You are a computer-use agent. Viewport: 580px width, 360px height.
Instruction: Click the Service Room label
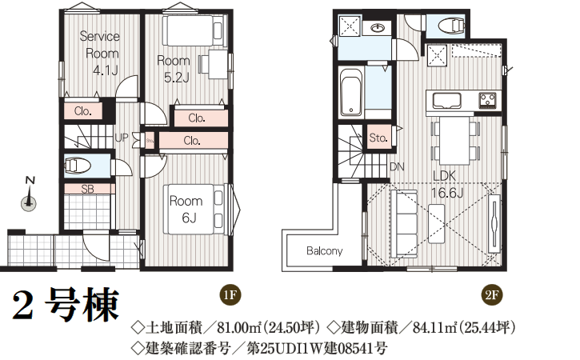click(x=99, y=54)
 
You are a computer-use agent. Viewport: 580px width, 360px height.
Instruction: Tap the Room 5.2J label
click(x=174, y=69)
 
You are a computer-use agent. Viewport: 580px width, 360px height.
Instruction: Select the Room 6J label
click(x=186, y=210)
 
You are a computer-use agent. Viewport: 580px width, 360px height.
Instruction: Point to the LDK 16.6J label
click(x=447, y=184)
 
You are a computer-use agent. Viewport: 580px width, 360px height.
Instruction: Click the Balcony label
click(x=325, y=251)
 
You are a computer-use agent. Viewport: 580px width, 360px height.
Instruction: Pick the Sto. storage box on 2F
click(x=378, y=138)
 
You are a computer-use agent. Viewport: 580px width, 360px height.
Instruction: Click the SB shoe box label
click(x=88, y=189)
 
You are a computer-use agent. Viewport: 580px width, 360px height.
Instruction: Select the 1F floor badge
click(x=230, y=295)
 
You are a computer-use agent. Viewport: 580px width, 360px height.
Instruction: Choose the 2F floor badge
click(x=492, y=295)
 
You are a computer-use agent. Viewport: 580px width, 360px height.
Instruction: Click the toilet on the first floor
click(x=78, y=166)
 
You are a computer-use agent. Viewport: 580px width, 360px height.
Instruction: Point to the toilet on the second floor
click(x=450, y=26)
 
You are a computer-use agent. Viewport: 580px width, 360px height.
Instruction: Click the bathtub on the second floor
click(x=350, y=91)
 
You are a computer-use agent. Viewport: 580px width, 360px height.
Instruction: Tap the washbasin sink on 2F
click(x=378, y=28)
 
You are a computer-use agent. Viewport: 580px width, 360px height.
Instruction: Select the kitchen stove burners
click(x=487, y=99)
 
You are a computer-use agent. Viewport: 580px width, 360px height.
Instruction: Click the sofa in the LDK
click(x=403, y=223)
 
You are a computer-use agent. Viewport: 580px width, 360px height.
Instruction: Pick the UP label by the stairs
click(x=122, y=138)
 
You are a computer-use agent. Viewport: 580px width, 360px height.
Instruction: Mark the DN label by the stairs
click(x=398, y=167)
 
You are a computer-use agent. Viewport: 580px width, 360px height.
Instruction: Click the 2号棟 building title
click(x=66, y=305)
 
